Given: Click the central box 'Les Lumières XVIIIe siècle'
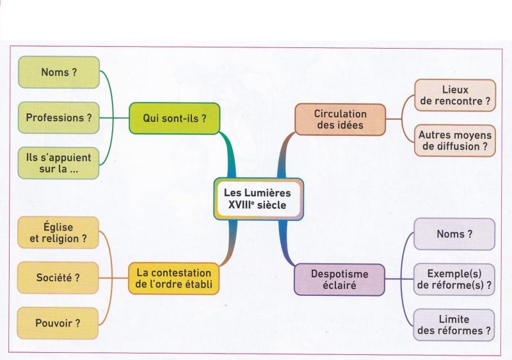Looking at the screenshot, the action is (x=259, y=199).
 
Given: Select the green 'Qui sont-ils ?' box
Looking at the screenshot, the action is (x=174, y=119).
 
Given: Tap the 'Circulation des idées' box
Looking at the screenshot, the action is (x=340, y=120).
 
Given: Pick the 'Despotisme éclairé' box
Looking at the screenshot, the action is (x=340, y=280).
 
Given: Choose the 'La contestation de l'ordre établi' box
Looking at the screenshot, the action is (x=173, y=279).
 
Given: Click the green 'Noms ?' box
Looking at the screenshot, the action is (x=59, y=72).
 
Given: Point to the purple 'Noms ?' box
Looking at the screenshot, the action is (x=454, y=234).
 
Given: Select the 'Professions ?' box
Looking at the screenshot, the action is (x=59, y=118).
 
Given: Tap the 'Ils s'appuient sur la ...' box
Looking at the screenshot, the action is (x=58, y=163).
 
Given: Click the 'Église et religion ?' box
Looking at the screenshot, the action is (x=58, y=233).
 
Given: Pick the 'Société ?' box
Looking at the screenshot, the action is (x=58, y=277).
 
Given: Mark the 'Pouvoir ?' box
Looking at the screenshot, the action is (x=58, y=323).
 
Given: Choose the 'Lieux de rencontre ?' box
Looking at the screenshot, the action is (x=455, y=95).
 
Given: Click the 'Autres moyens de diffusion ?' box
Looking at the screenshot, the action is (x=455, y=140).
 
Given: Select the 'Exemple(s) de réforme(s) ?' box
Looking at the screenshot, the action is (x=454, y=280).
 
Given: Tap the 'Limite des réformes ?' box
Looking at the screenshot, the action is (x=454, y=325).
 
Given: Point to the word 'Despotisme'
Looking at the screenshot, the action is (x=340, y=274).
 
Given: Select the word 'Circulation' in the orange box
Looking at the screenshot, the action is (x=340, y=113).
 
